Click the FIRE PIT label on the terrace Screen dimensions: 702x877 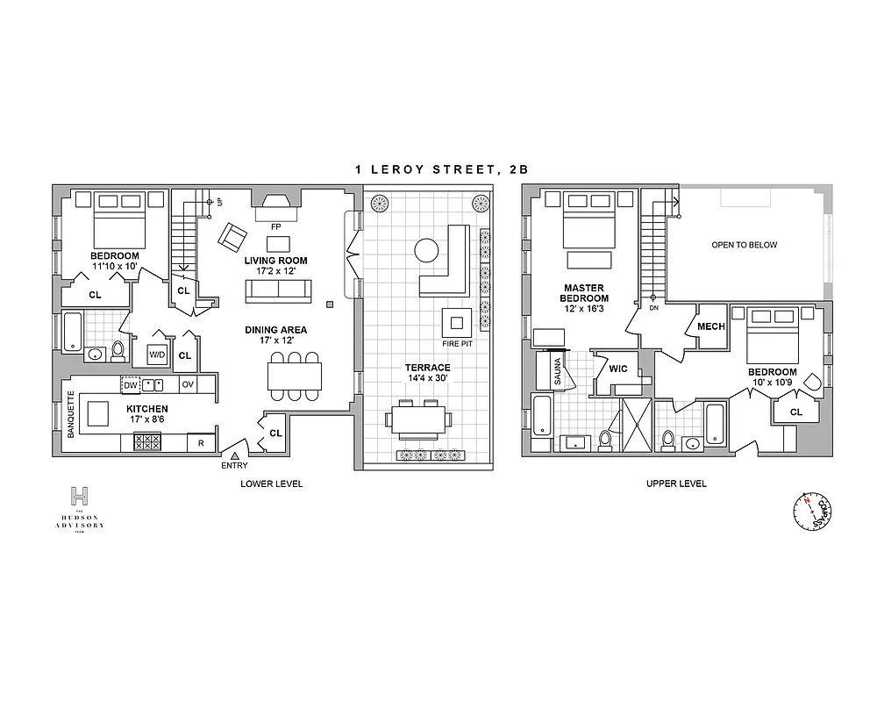(457, 343)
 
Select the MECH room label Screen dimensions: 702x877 (710, 326)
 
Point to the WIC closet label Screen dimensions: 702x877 (618, 369)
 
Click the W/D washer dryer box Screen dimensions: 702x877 (158, 355)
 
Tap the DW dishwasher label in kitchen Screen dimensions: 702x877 (131, 385)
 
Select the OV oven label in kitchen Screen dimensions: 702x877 (187, 385)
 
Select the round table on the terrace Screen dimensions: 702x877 (426, 251)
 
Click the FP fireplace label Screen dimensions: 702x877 (275, 226)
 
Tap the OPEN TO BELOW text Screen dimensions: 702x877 (744, 245)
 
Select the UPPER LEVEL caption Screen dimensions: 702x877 (675, 484)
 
